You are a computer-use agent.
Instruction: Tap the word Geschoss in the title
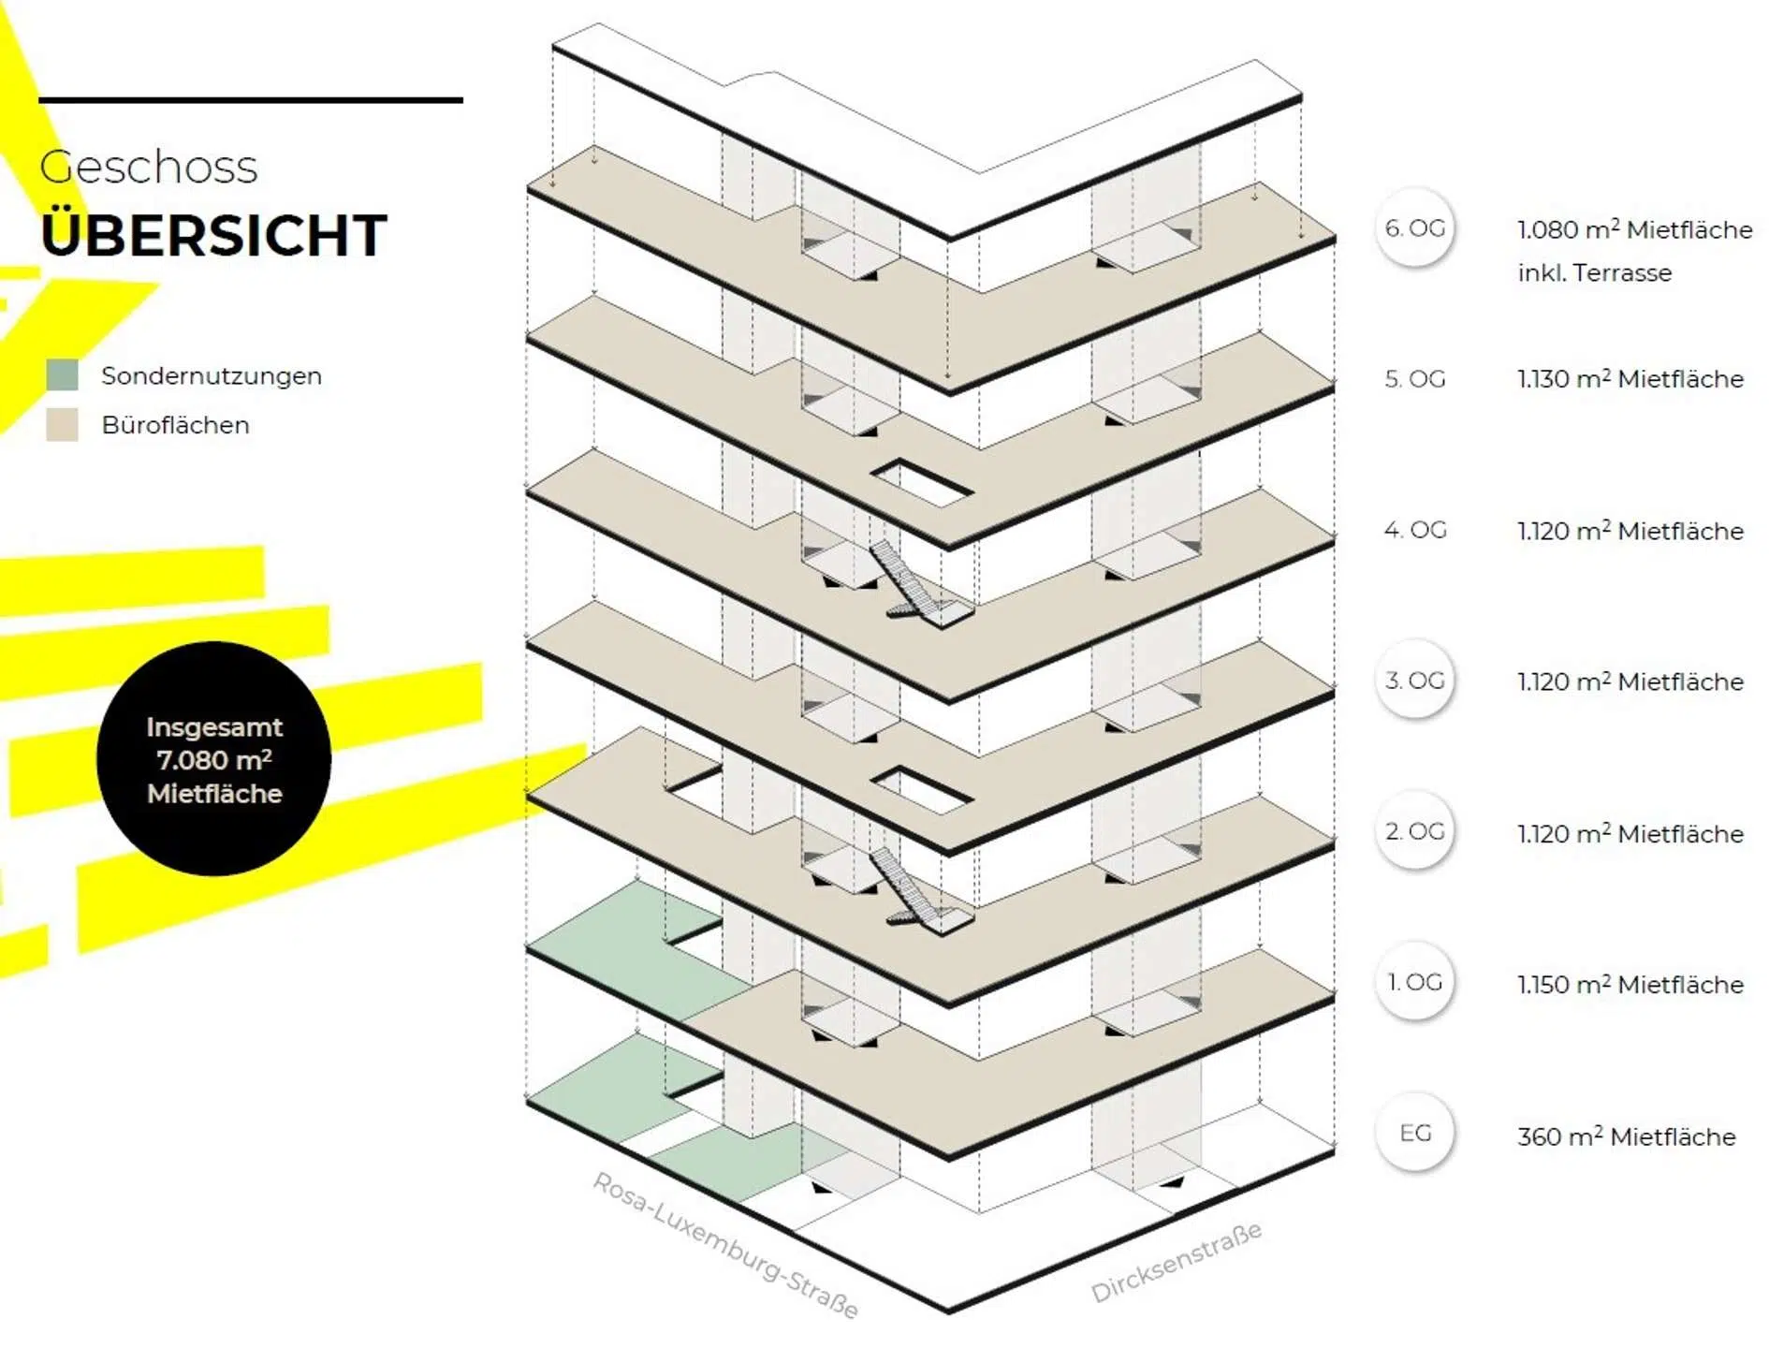pyautogui.click(x=148, y=168)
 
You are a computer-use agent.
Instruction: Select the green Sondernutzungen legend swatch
pyautogui.click(x=62, y=375)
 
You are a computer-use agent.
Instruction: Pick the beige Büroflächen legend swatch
pyautogui.click(x=62, y=425)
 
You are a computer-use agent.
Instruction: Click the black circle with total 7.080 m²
pyautogui.click(x=213, y=759)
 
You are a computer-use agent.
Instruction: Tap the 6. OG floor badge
pyautogui.click(x=1414, y=228)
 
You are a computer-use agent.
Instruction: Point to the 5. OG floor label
pyautogui.click(x=1414, y=379)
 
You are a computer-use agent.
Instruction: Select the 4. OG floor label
pyautogui.click(x=1414, y=530)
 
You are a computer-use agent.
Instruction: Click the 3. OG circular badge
pyautogui.click(x=1414, y=681)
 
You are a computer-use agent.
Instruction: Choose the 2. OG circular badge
pyautogui.click(x=1414, y=831)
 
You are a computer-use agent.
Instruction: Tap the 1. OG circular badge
pyautogui.click(x=1414, y=982)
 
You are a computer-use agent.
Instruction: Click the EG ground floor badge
pyautogui.click(x=1414, y=1133)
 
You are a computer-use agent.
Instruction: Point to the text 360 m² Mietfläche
pyautogui.click(x=1626, y=1136)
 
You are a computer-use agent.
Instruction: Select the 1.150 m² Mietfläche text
pyautogui.click(x=1630, y=985)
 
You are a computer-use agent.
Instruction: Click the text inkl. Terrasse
pyautogui.click(x=1594, y=273)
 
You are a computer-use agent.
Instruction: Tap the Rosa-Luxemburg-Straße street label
pyautogui.click(x=726, y=1244)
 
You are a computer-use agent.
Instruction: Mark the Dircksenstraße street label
pyautogui.click(x=1176, y=1261)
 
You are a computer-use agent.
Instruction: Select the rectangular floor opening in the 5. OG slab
pyautogui.click(x=922, y=482)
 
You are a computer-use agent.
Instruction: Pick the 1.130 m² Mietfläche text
pyautogui.click(x=1630, y=379)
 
